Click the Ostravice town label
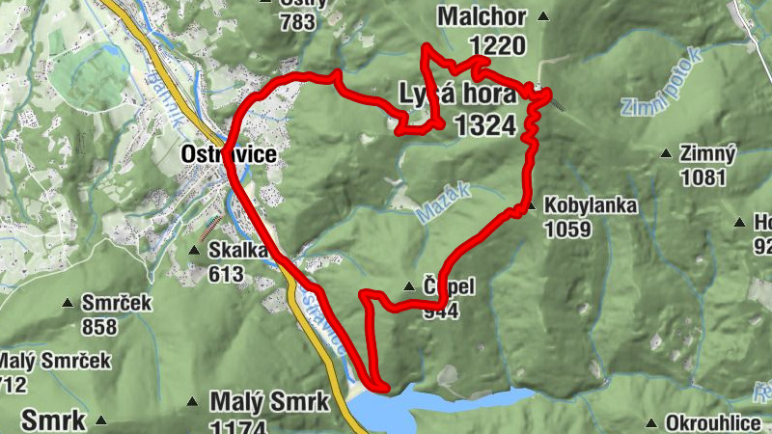(x=229, y=153)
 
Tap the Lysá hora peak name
(x=456, y=95)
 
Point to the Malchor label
(x=481, y=16)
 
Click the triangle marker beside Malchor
(x=543, y=16)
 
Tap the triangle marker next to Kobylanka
(x=531, y=205)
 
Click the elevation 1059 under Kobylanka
(x=566, y=231)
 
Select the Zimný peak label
(x=708, y=153)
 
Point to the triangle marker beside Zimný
(x=665, y=153)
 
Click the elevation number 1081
(x=703, y=177)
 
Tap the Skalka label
(x=237, y=251)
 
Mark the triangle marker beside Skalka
(x=194, y=251)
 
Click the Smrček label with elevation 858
(x=118, y=303)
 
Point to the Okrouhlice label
(x=719, y=423)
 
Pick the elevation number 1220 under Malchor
(x=498, y=44)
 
